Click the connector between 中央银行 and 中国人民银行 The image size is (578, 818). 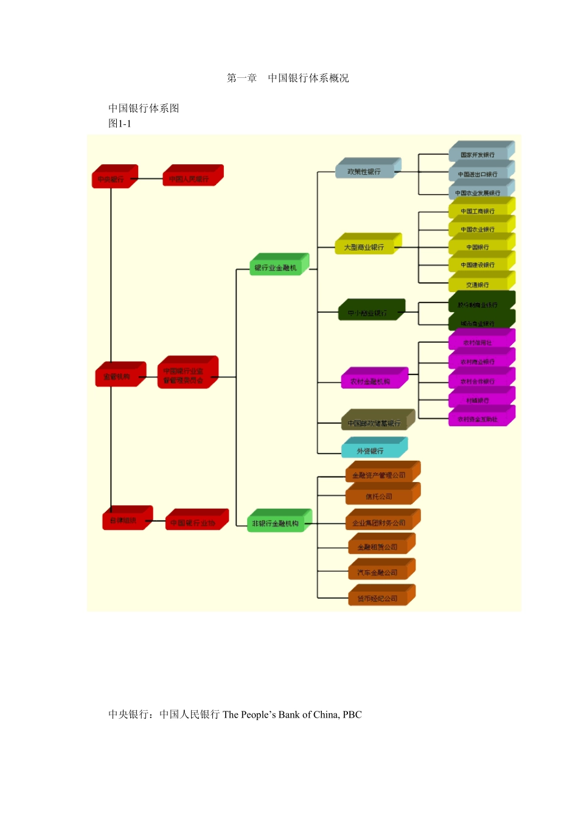pyautogui.click(x=150, y=179)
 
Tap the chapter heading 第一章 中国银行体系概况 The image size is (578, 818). pyautogui.click(x=288, y=78)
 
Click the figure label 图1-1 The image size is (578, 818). pyautogui.click(x=120, y=124)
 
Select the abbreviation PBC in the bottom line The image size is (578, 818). pyautogui.click(x=352, y=715)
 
